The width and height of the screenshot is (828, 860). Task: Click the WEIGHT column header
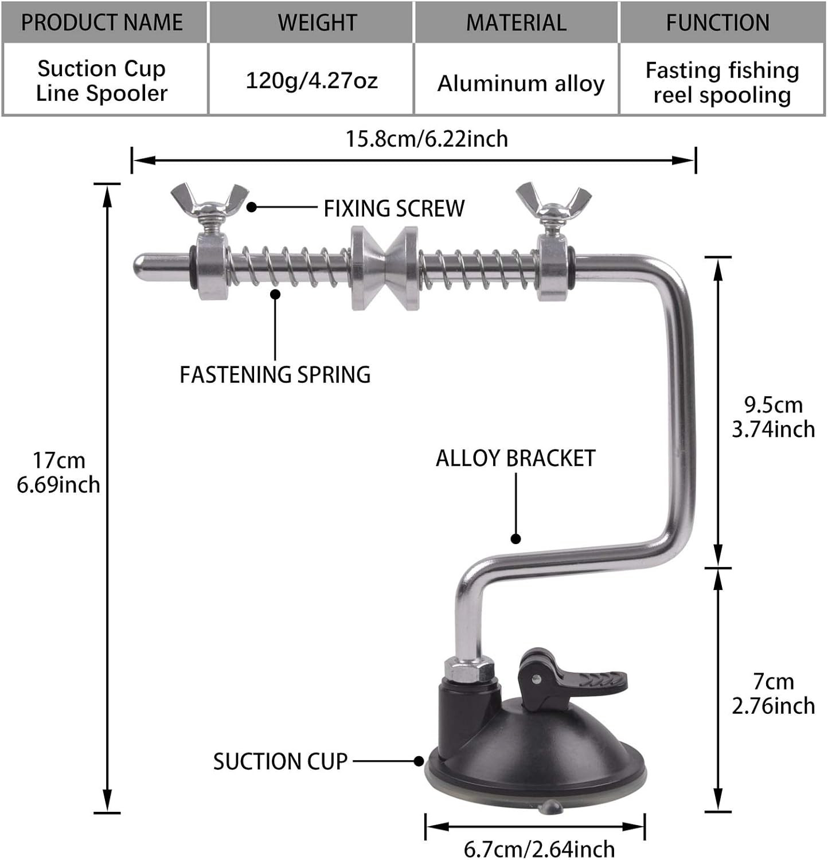tap(317, 22)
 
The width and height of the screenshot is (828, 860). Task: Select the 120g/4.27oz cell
tap(311, 80)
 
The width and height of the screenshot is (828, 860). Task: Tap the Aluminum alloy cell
tap(521, 84)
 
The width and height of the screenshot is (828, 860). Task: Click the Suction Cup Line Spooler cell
tap(101, 81)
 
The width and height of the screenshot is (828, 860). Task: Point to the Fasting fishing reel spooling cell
tap(722, 83)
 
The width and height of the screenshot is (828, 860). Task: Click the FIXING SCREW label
tap(394, 209)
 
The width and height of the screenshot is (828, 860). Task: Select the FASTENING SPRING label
tap(275, 375)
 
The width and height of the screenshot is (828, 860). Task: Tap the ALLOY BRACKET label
tap(515, 459)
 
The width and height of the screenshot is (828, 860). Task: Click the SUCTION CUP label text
tap(280, 762)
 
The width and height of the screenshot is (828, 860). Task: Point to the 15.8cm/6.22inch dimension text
tap(427, 139)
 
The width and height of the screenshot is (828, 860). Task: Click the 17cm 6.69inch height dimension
tap(58, 472)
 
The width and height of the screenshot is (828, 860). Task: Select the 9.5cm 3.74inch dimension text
tap(773, 417)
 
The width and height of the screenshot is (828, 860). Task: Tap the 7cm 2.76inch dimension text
tap(773, 694)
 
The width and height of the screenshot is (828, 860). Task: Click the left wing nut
tap(210, 202)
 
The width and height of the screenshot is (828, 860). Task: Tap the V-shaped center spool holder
tap(385, 267)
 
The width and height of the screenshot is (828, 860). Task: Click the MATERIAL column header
tap(516, 22)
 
